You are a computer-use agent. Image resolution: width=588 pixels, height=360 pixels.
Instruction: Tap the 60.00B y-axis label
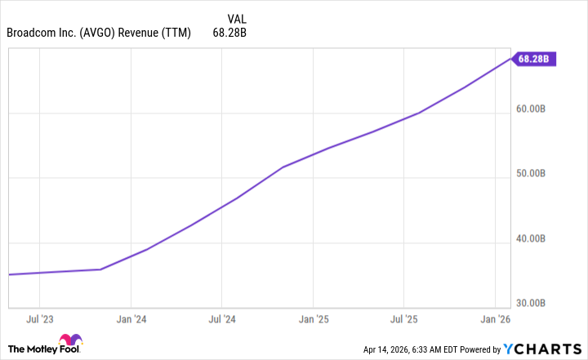(x=537, y=109)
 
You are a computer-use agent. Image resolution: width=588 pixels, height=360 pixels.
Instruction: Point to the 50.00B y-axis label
(x=537, y=174)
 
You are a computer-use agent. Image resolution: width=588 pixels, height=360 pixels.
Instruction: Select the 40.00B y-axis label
(x=537, y=239)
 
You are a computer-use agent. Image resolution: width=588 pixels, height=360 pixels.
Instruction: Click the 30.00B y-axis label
(x=537, y=303)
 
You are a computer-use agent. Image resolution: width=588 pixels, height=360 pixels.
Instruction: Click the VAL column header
(x=235, y=18)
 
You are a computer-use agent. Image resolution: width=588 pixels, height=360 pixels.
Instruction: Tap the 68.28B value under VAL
(x=229, y=33)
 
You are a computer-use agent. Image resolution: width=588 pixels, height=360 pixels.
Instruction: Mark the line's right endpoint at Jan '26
(x=510, y=58)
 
